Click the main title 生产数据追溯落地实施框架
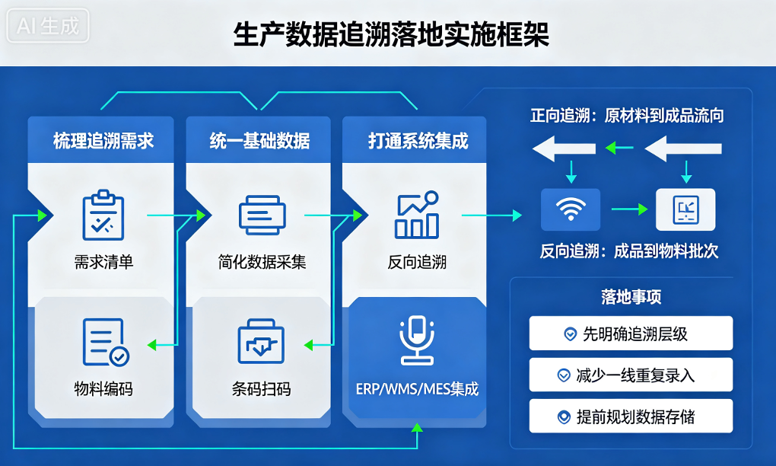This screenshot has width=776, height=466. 391,35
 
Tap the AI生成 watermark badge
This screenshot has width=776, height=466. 47,25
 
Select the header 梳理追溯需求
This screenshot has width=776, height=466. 103,141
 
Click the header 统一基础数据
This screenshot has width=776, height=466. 260,141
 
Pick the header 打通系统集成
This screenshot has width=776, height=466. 418,141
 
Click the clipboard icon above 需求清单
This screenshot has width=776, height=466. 103,215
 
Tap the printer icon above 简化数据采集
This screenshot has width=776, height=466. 262,215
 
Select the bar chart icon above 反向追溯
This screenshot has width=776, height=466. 417,215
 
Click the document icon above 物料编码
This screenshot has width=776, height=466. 106,342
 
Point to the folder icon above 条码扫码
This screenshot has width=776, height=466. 261,341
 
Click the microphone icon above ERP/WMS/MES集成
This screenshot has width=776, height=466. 417,340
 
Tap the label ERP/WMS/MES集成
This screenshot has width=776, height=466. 417,389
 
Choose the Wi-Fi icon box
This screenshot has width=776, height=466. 571,209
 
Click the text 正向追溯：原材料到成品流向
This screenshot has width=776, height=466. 627,116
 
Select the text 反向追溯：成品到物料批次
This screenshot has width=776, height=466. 629,251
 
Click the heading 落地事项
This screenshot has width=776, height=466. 631,297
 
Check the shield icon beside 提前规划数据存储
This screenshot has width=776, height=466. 564,417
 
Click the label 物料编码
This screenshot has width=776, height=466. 103,389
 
